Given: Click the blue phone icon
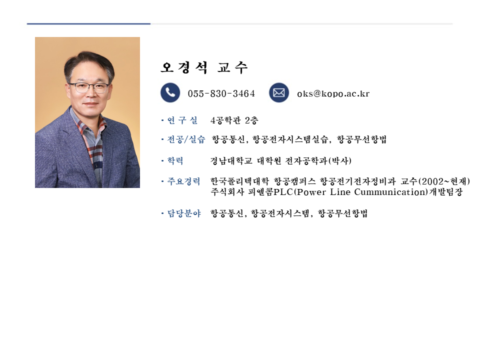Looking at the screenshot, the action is point(170,92).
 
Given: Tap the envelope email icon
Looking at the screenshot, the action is point(279,92).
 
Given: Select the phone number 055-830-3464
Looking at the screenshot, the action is point(221,93).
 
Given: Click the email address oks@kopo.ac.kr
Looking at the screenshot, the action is point(333,93).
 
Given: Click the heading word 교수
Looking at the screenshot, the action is point(232,67).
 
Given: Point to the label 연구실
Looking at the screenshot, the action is point(182,120).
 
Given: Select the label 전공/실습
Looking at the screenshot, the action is point(186,139).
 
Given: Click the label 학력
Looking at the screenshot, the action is point(175,160).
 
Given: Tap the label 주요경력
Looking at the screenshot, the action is point(183,181).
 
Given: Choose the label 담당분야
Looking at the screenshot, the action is point(184,213).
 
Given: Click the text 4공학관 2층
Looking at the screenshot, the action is point(234,120).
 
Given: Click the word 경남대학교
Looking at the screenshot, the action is point(231,160).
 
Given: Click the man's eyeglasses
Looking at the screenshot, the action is point(89,87).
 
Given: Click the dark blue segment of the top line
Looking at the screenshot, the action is point(89,23).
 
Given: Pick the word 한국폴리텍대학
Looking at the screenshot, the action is point(239,181).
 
